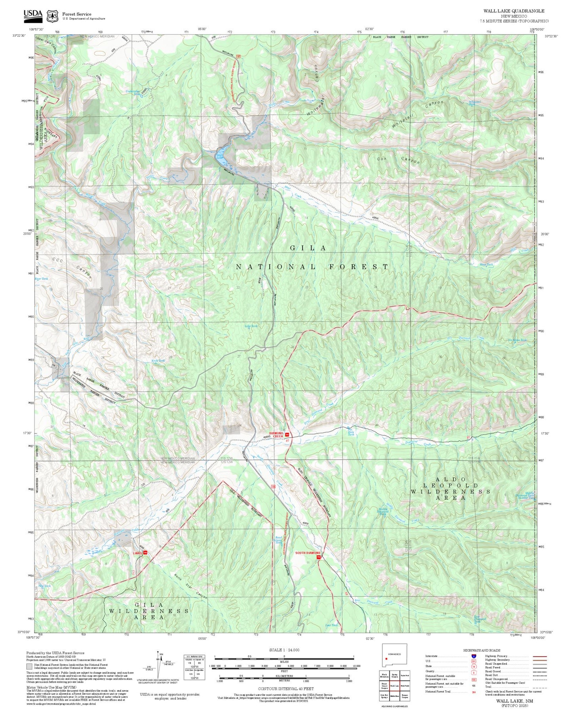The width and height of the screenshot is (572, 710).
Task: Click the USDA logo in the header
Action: [33, 15]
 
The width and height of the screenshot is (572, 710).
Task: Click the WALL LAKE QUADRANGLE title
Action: [513, 11]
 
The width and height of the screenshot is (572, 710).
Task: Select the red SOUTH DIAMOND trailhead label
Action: [308, 553]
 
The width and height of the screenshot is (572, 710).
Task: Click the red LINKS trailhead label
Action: [137, 553]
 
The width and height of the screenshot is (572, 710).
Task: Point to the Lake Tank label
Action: [251, 326]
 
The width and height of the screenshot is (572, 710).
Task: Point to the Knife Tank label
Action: [158, 361]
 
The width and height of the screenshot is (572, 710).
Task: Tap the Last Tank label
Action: [331, 625]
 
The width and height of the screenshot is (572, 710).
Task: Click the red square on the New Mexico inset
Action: [386, 659]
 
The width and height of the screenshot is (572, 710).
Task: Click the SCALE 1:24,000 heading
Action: [284, 650]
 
